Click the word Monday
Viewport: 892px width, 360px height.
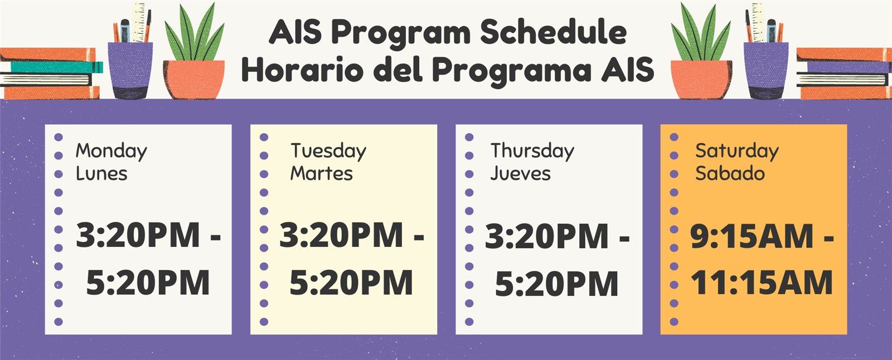111,152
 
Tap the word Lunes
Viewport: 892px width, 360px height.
101,174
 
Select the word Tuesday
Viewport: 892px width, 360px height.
328,152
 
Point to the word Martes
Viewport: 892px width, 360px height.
321,174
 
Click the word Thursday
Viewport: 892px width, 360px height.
532,152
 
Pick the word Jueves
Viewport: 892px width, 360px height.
520,174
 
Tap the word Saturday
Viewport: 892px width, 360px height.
737,152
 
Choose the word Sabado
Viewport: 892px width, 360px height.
730,174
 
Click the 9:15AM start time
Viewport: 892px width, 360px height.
752,236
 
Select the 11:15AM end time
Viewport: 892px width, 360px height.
762,283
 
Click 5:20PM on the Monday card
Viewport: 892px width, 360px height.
148,283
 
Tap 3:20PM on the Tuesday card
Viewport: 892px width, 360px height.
341,235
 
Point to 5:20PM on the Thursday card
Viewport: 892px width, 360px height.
557,284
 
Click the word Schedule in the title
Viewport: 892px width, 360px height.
554,32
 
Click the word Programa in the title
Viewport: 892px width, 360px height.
512,71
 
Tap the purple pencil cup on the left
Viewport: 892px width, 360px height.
130,70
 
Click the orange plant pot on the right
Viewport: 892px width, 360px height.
701,79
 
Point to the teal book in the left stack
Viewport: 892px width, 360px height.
56,67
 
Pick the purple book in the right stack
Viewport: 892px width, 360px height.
844,67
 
